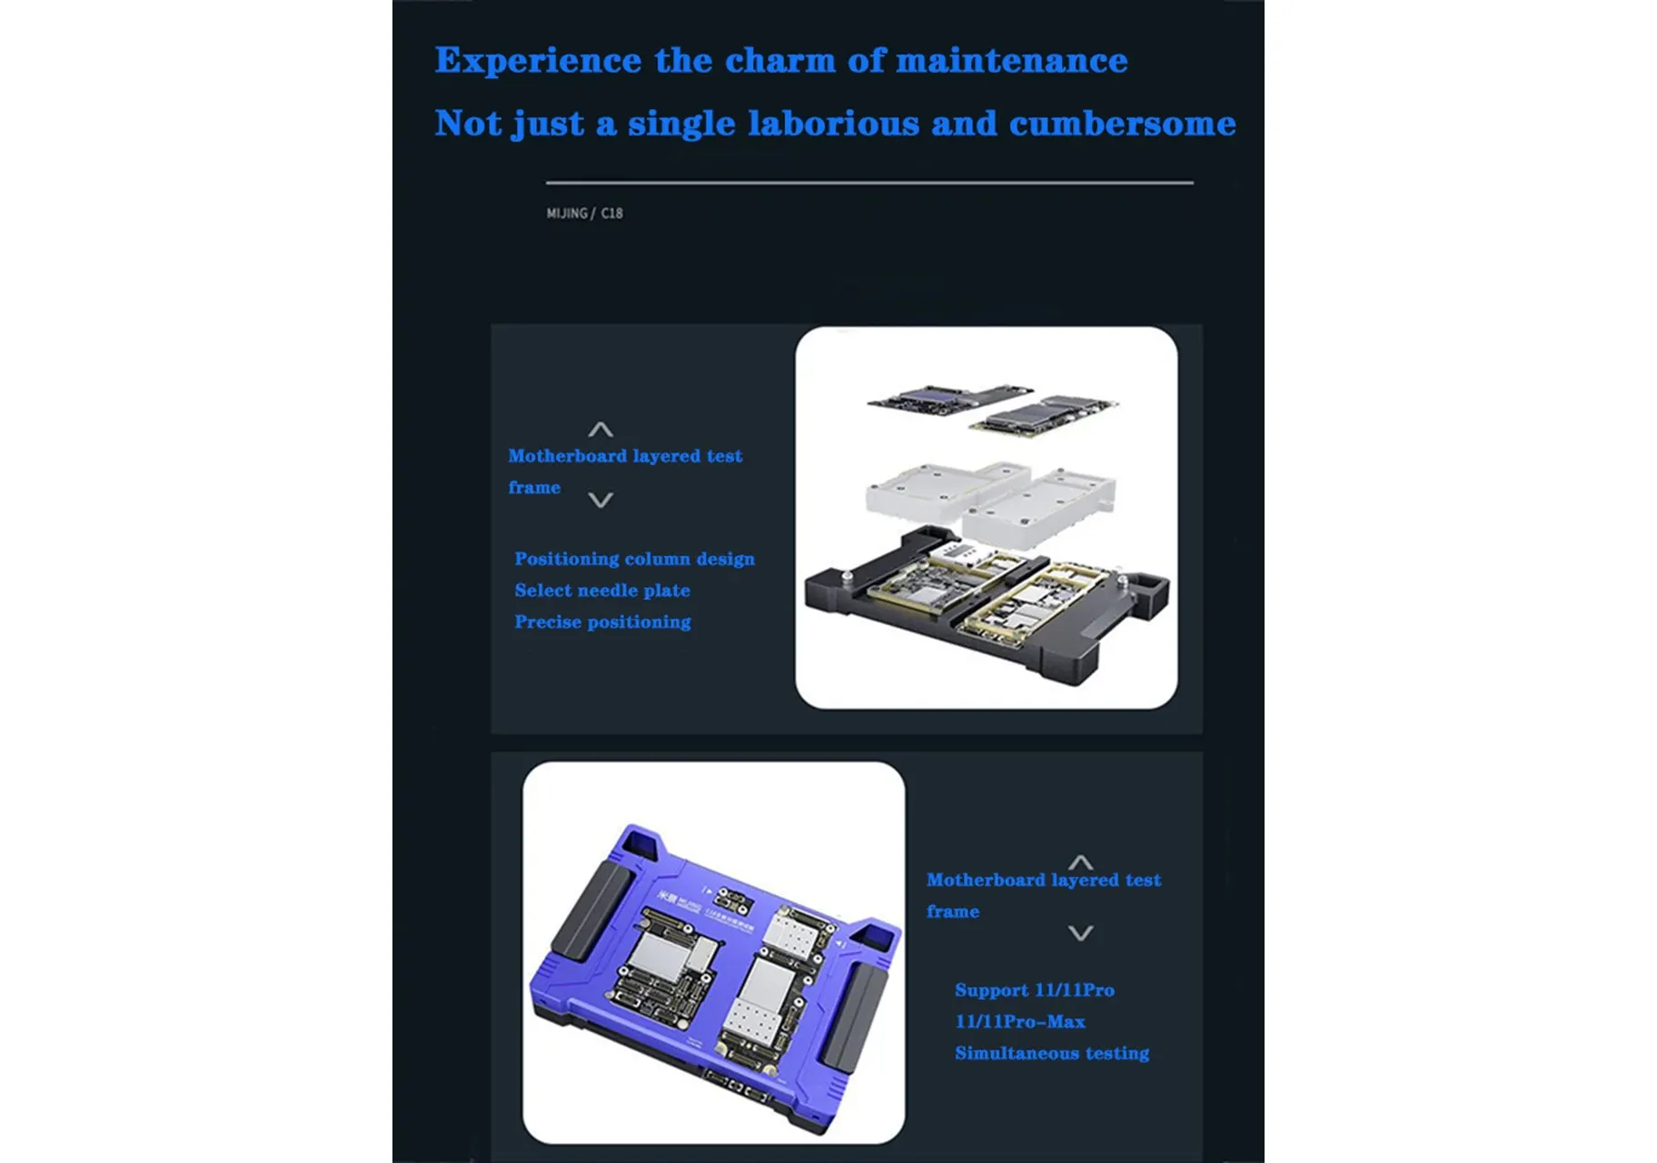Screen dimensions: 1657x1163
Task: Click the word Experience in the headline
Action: (538, 61)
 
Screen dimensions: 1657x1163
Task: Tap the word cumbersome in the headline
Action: (1122, 123)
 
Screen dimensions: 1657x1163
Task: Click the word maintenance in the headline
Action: (1011, 60)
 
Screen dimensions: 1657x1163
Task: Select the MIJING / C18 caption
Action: (584, 214)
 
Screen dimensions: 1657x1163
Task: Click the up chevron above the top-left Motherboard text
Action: (600, 430)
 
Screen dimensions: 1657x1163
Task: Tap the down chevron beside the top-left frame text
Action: (600, 500)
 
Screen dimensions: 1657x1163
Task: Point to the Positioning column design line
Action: (634, 559)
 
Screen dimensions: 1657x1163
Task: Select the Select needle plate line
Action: (602, 591)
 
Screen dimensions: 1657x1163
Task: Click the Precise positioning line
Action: (602, 622)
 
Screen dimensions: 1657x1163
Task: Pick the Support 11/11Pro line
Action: (1035, 990)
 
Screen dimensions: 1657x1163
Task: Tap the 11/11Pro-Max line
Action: (1020, 1021)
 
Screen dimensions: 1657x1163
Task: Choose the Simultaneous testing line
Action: (1052, 1053)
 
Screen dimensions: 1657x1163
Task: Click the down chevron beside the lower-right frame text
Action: (1080, 933)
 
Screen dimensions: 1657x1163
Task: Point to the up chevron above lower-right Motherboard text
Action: (1080, 862)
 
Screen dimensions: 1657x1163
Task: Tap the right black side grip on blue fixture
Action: (853, 1017)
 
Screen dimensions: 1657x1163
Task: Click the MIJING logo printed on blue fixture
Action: (679, 901)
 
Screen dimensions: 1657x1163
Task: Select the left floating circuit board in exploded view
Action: (950, 398)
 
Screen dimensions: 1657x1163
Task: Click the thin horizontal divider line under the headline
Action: (869, 183)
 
